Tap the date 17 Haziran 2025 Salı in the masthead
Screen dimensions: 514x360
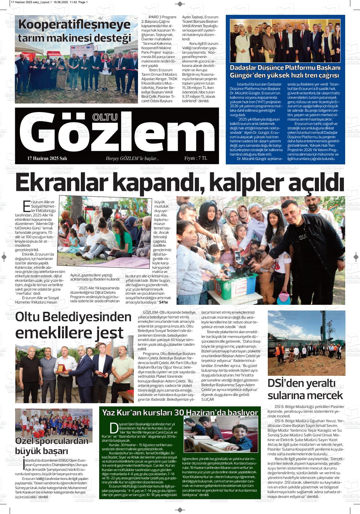[47, 158]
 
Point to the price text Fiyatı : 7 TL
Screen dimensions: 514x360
[195, 158]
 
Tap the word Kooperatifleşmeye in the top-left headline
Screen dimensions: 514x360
[74, 25]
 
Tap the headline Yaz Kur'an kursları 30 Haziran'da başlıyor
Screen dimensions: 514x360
[180, 412]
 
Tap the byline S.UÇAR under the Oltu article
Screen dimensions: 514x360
[207, 399]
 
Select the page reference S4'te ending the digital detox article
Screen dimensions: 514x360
[164, 302]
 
